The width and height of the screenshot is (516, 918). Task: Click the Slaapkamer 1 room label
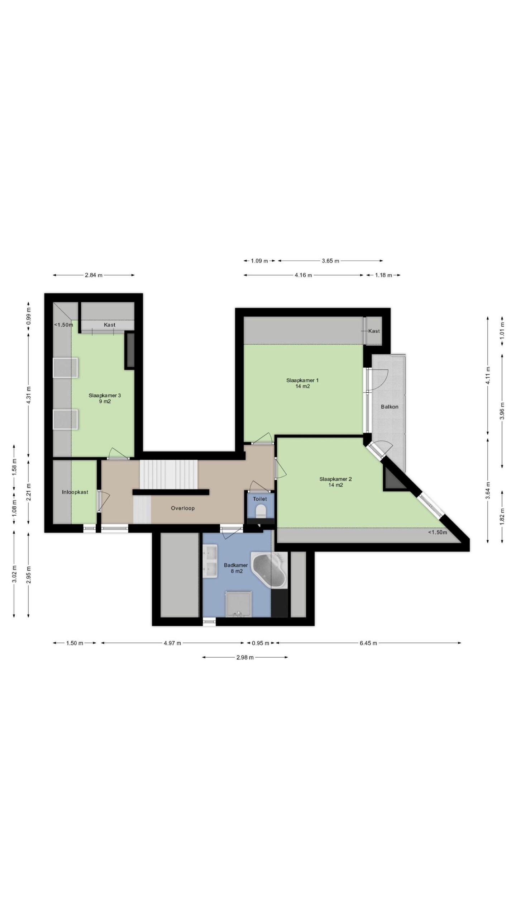(x=302, y=383)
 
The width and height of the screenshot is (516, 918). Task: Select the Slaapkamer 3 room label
(x=105, y=398)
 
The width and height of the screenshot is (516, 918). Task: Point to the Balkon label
(x=390, y=407)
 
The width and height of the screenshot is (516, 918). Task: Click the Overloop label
(x=183, y=508)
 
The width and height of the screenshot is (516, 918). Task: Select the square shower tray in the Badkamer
(x=238, y=604)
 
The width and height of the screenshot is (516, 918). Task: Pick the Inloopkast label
(x=75, y=492)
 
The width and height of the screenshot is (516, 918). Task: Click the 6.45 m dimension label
(x=368, y=643)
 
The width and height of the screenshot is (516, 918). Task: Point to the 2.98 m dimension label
(x=245, y=657)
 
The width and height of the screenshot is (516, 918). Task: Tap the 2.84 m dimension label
(x=94, y=275)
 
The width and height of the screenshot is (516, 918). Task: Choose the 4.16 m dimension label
(x=303, y=275)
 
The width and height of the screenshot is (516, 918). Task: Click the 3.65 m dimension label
(x=330, y=261)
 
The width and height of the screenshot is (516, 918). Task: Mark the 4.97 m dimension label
(x=172, y=643)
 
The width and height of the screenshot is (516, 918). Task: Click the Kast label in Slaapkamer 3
(x=110, y=325)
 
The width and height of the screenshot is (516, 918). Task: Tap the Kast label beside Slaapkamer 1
(x=374, y=331)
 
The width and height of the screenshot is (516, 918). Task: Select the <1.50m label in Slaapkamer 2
(x=438, y=532)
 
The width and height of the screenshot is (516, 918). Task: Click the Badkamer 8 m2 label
(x=236, y=568)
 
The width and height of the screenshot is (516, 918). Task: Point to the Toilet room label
(x=260, y=499)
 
